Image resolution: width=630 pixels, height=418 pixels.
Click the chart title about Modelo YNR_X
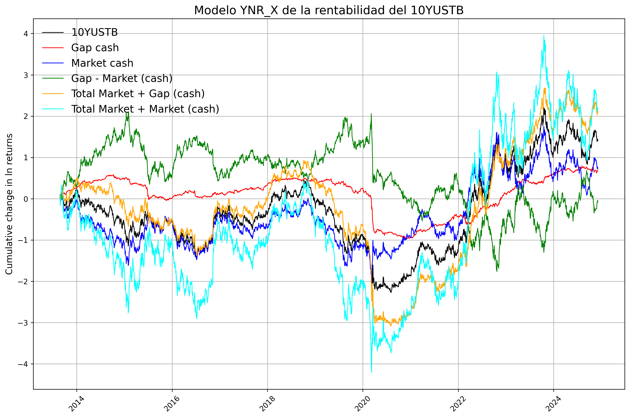329,11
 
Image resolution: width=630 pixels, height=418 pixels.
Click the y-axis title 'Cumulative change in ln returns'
9,204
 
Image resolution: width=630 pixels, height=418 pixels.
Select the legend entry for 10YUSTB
94,33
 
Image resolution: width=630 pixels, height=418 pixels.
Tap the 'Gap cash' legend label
95,48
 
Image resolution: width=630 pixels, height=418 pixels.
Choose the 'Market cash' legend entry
102,63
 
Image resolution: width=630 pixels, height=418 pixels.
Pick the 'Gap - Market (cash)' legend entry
122,78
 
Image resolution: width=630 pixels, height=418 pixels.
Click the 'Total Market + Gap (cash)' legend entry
138,94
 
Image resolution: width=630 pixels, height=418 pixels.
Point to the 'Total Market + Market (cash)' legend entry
145,109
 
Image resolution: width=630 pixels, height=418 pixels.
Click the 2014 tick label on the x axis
76,404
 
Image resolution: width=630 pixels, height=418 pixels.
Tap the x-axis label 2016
172,404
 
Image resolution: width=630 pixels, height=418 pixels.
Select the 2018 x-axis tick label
267,404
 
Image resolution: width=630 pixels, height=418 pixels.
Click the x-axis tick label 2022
458,404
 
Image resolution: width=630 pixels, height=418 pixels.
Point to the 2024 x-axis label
553,404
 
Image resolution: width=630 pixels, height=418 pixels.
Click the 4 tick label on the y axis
26,34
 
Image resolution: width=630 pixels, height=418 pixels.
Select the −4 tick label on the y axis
23,364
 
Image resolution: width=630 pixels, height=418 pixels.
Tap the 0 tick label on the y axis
26,199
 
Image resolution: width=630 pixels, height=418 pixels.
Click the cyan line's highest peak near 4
544,36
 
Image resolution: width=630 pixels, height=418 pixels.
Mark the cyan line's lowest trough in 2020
372,372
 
